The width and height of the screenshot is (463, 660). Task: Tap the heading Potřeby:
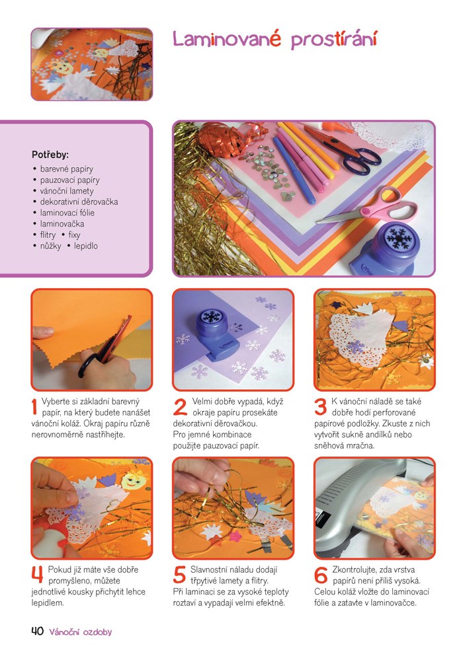point(50,155)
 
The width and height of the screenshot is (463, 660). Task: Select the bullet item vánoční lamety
point(67,191)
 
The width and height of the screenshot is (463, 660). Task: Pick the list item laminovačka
point(62,224)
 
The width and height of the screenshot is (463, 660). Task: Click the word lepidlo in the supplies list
point(85,246)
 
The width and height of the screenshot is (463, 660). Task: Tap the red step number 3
point(320,406)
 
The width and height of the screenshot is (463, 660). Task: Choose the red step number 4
point(37,575)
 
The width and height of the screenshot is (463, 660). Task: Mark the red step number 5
point(179,575)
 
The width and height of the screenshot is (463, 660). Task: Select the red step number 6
point(321,575)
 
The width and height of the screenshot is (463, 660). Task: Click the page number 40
point(37,631)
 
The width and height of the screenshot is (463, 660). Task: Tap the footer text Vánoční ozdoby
point(81,632)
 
